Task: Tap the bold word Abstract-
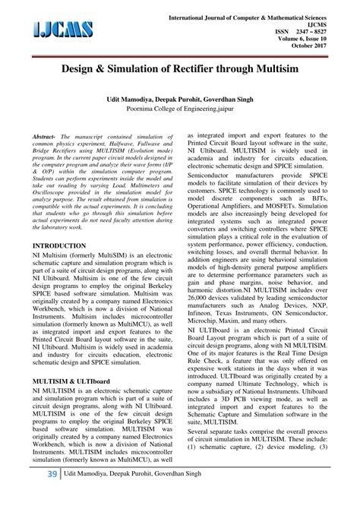(x=46, y=155)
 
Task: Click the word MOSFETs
(x=302, y=226)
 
